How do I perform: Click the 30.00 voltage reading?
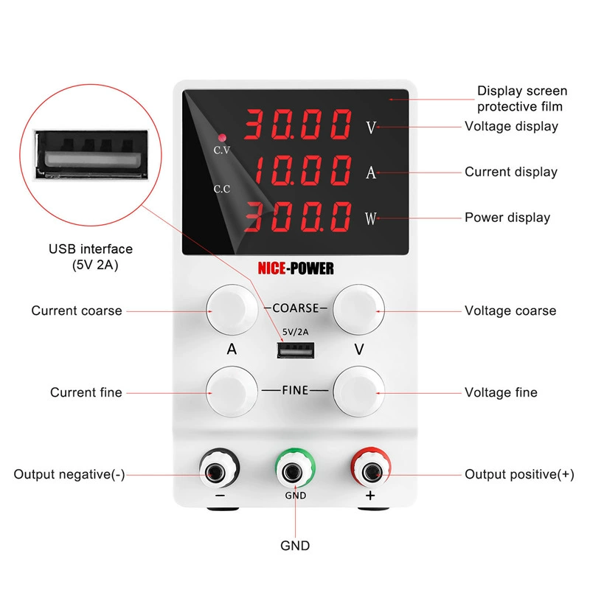coord(298,125)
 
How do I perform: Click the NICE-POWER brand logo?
coord(295,268)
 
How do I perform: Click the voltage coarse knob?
coord(359,310)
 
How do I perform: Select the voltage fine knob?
coord(359,391)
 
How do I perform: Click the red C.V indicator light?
coord(221,138)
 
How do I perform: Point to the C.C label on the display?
coord(222,189)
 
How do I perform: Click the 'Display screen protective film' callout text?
coord(522,99)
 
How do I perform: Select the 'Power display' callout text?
coord(507,218)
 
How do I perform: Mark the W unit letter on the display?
coord(370,218)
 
